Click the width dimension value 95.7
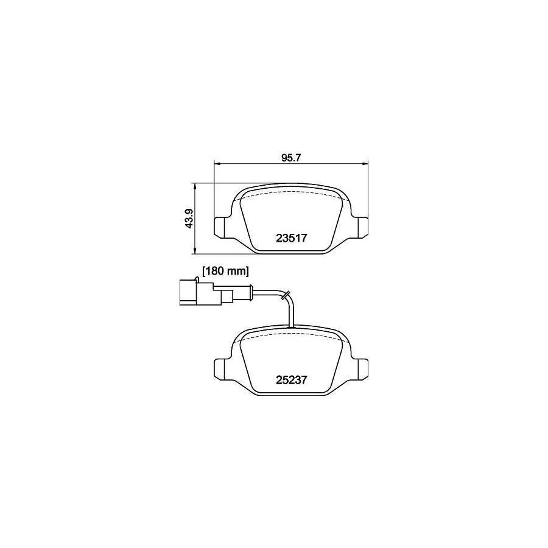coord(291,157)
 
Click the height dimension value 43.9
coord(189,218)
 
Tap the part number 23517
coord(290,239)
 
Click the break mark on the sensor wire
coord(284,295)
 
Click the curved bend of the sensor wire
coord(290,300)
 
